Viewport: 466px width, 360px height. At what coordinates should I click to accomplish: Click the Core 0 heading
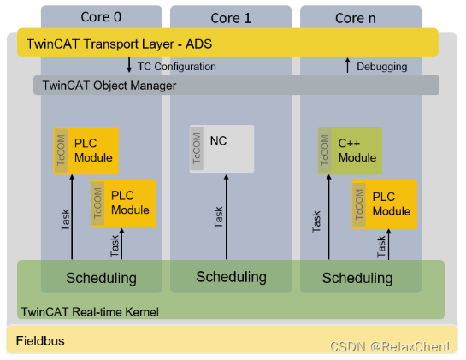(x=101, y=16)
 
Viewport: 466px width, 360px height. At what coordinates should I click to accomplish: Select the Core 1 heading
(x=230, y=16)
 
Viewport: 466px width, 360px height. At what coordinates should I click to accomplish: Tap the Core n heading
(x=359, y=16)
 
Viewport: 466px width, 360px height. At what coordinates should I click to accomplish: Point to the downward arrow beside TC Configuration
(x=129, y=66)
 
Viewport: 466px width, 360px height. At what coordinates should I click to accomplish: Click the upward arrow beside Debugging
(x=347, y=66)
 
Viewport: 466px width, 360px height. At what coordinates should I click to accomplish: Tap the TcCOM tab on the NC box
(x=197, y=147)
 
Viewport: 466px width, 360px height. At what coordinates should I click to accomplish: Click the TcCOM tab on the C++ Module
(x=325, y=150)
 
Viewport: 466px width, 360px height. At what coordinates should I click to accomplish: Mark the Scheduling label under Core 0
(x=101, y=278)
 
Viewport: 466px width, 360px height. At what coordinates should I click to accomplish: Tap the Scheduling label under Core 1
(x=231, y=277)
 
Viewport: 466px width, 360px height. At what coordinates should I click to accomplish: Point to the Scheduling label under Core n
(x=358, y=278)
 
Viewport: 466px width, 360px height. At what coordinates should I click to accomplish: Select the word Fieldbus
(x=40, y=341)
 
